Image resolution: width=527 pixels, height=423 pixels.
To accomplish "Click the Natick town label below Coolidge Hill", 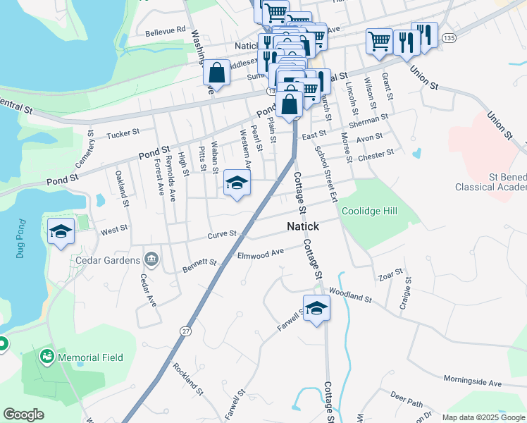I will click(x=302, y=226).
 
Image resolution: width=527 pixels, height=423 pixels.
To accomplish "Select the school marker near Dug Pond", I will click(x=61, y=231).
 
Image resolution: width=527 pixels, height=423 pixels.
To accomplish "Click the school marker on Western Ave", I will click(x=237, y=183).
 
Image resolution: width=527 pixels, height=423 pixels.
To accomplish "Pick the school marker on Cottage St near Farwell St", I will click(x=316, y=308).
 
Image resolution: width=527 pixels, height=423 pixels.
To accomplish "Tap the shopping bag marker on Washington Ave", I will click(x=216, y=72).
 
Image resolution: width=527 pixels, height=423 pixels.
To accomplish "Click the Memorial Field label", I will click(x=90, y=357).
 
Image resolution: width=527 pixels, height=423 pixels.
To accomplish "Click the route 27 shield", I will click(x=185, y=330).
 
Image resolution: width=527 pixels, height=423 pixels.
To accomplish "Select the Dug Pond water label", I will click(x=20, y=240).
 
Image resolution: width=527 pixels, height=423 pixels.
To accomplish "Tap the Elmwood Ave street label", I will click(x=261, y=253).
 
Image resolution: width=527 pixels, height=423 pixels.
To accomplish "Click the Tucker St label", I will click(x=123, y=133).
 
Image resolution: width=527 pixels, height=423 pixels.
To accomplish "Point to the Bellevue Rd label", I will click(x=165, y=30).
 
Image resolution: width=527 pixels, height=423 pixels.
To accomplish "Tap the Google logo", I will click(x=23, y=415).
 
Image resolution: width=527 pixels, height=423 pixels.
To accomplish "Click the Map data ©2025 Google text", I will click(x=483, y=417).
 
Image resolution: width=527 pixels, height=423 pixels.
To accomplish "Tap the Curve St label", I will click(x=221, y=233).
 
